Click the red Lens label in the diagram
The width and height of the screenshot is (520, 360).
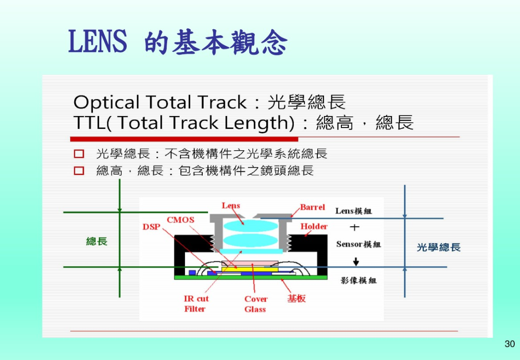click(231, 206)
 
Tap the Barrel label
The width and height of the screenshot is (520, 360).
click(312, 207)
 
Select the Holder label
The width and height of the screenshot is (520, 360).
click(314, 226)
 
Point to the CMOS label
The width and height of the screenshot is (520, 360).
click(181, 220)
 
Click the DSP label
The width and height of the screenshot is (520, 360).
click(152, 227)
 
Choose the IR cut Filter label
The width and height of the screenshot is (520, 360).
click(196, 304)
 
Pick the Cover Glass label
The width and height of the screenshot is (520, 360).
click(256, 304)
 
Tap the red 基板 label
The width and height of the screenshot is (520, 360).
click(297, 298)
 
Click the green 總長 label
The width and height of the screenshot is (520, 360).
click(97, 241)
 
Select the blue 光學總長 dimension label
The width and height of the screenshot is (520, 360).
click(439, 247)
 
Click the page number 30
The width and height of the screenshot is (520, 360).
click(509, 344)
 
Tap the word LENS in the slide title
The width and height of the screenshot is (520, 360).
click(97, 41)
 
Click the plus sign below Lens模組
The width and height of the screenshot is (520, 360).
click(354, 227)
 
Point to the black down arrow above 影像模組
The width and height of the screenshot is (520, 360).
click(356, 261)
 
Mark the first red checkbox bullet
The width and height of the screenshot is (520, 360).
click(79, 154)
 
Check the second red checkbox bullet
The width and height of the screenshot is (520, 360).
click(79, 171)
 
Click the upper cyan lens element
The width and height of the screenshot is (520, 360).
click(250, 226)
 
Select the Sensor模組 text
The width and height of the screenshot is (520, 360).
click(359, 244)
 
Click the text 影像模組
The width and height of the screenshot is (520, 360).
click(359, 281)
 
